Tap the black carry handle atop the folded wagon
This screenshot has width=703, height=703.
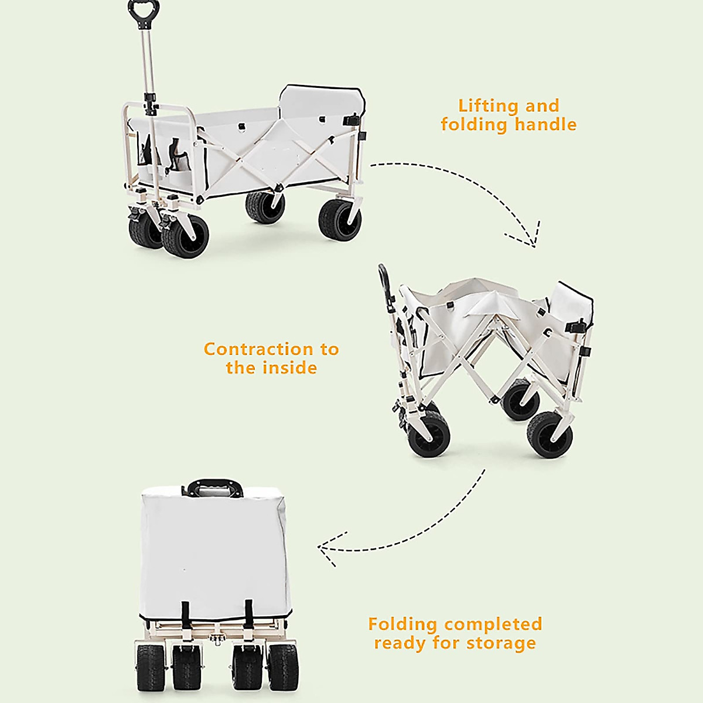(x=215, y=487)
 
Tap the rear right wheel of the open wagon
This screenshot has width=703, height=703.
(x=340, y=220)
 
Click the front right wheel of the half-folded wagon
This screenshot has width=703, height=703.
(x=550, y=434)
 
